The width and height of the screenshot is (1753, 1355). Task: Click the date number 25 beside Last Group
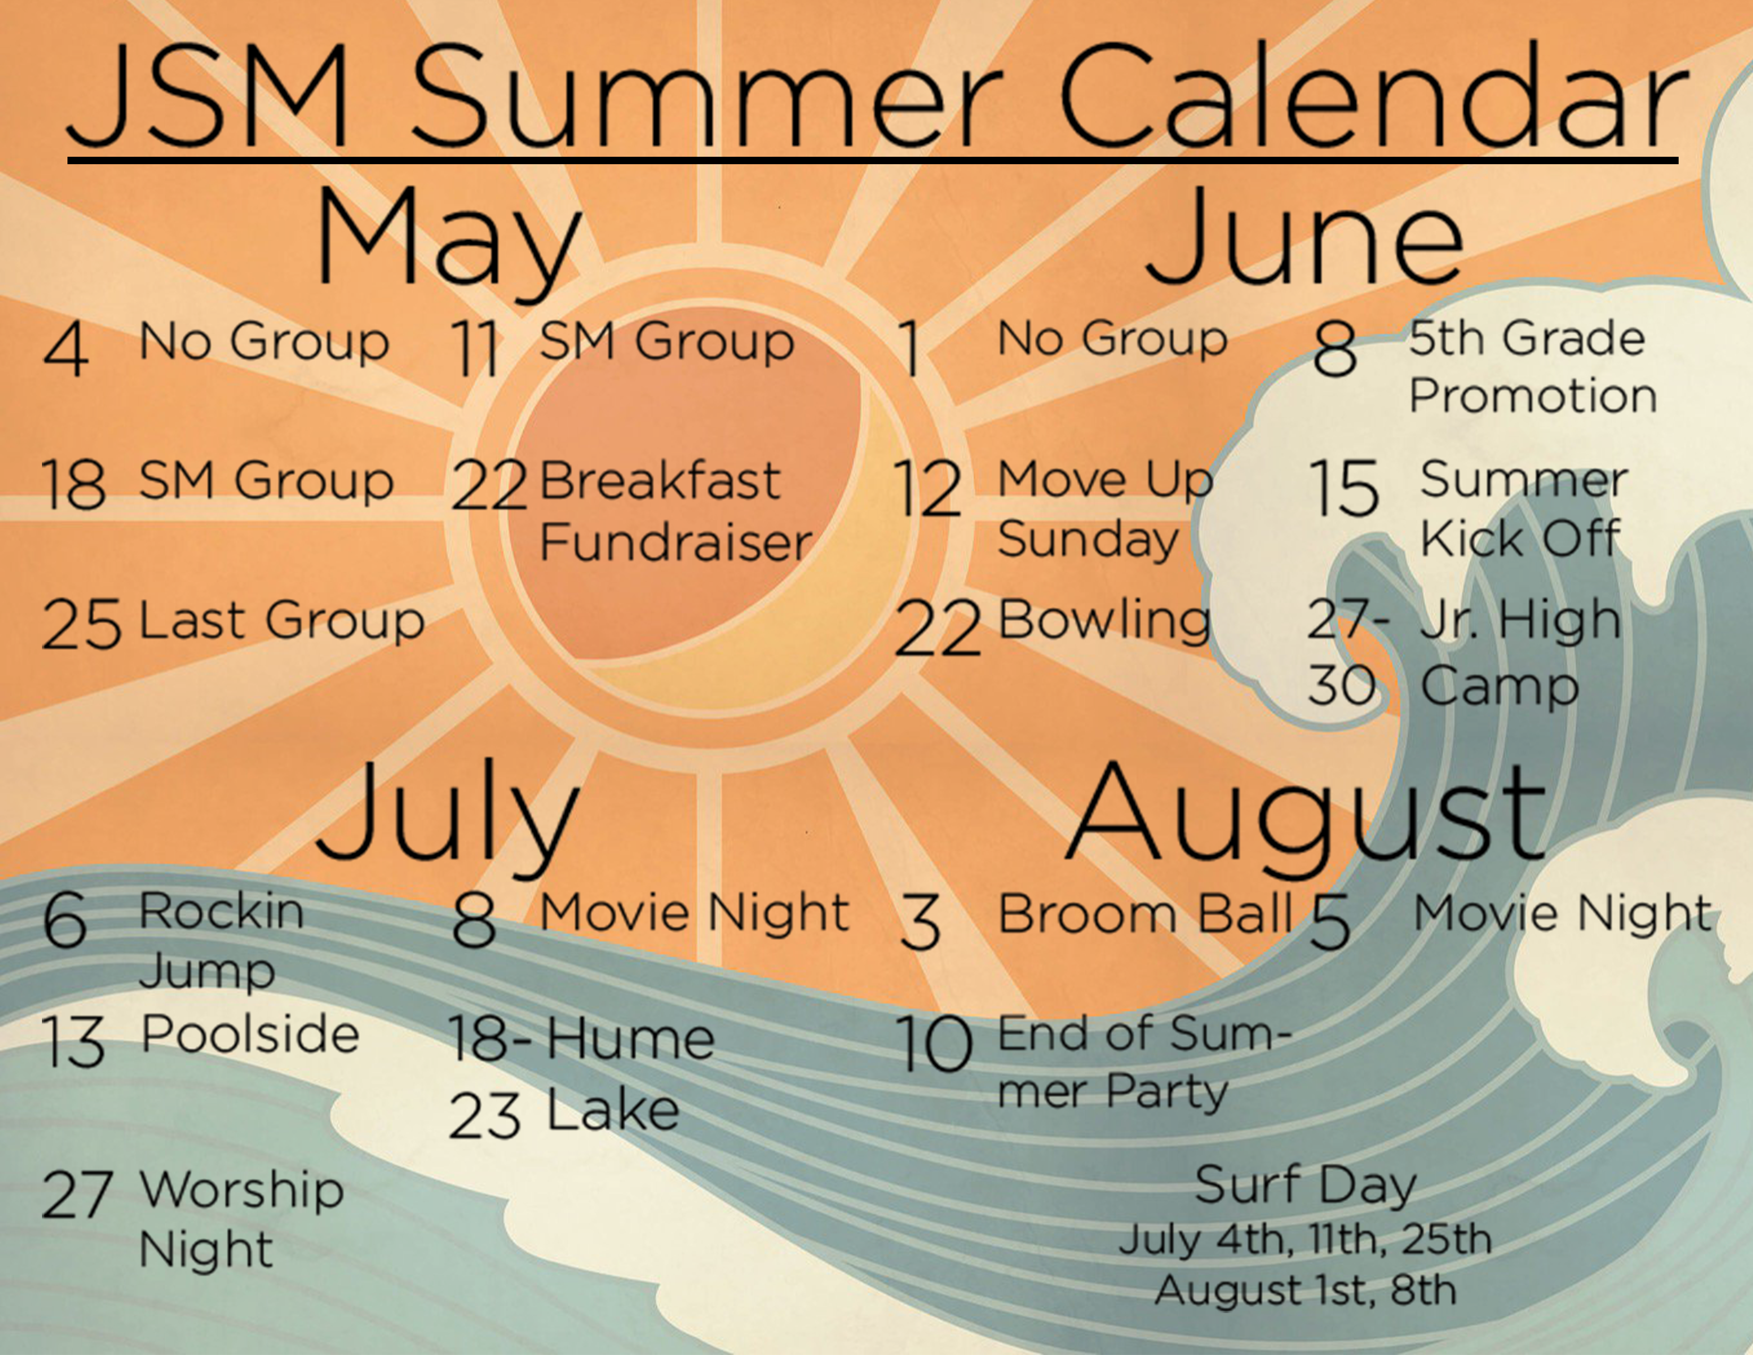[x=81, y=624]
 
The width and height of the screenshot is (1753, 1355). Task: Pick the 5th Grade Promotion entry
[x=1532, y=367]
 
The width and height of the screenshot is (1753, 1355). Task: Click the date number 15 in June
[x=1344, y=488]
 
